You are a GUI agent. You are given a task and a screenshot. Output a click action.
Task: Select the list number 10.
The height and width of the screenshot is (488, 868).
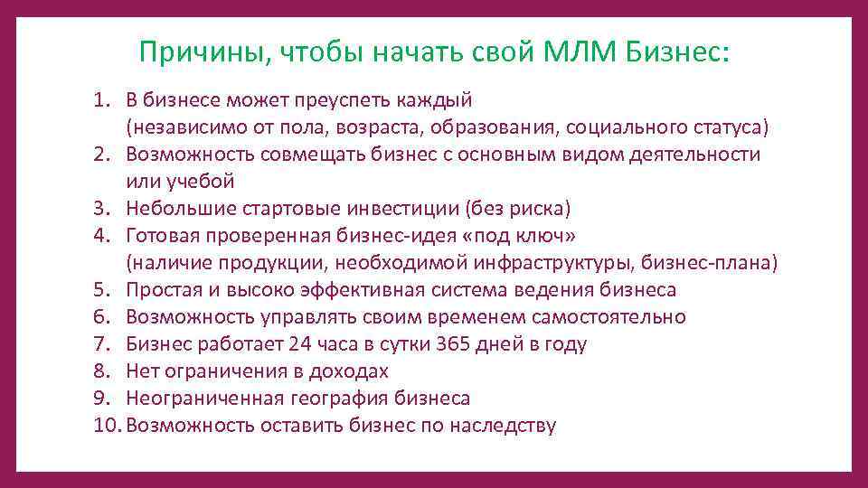(x=106, y=426)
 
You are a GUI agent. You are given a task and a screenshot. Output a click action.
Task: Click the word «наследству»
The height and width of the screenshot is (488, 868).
(x=501, y=426)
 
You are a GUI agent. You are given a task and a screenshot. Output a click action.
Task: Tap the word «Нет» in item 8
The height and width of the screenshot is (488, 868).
(x=143, y=371)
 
